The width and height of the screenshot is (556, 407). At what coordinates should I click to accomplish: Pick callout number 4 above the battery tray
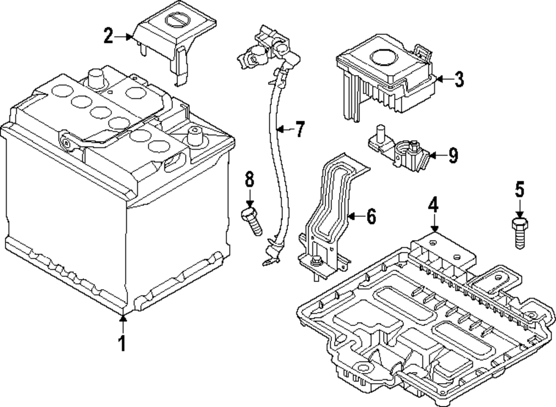point(433,205)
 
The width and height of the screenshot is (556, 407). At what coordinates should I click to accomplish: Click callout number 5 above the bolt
point(519,191)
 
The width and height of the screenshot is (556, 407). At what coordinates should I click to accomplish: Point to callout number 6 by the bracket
point(371,216)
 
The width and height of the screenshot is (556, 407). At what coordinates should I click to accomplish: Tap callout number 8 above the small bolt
point(249,180)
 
